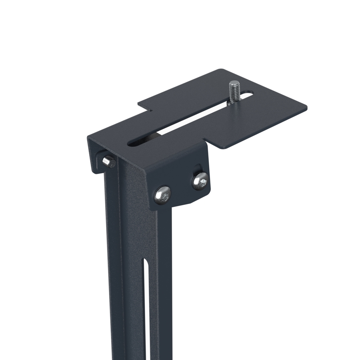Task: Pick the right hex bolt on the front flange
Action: click(x=200, y=181)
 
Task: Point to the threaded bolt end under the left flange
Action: click(x=107, y=161)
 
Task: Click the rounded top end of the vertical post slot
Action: click(x=146, y=263)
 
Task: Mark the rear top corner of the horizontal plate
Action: click(x=220, y=70)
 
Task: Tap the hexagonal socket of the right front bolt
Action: click(x=200, y=182)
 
